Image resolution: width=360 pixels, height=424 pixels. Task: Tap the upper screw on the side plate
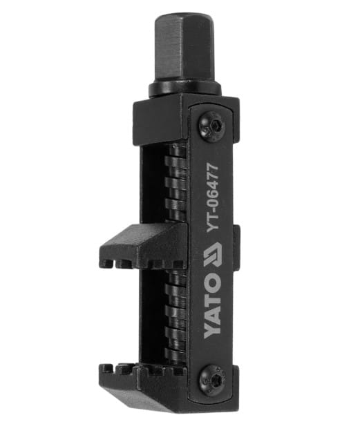click(211, 126)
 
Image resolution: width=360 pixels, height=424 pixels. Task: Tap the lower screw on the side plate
click(213, 378)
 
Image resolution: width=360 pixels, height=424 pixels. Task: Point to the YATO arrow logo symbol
click(212, 255)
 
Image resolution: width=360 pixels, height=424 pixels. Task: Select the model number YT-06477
click(212, 197)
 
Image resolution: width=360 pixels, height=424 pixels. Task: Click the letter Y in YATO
click(212, 331)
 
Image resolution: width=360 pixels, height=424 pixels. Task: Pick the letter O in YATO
click(212, 282)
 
